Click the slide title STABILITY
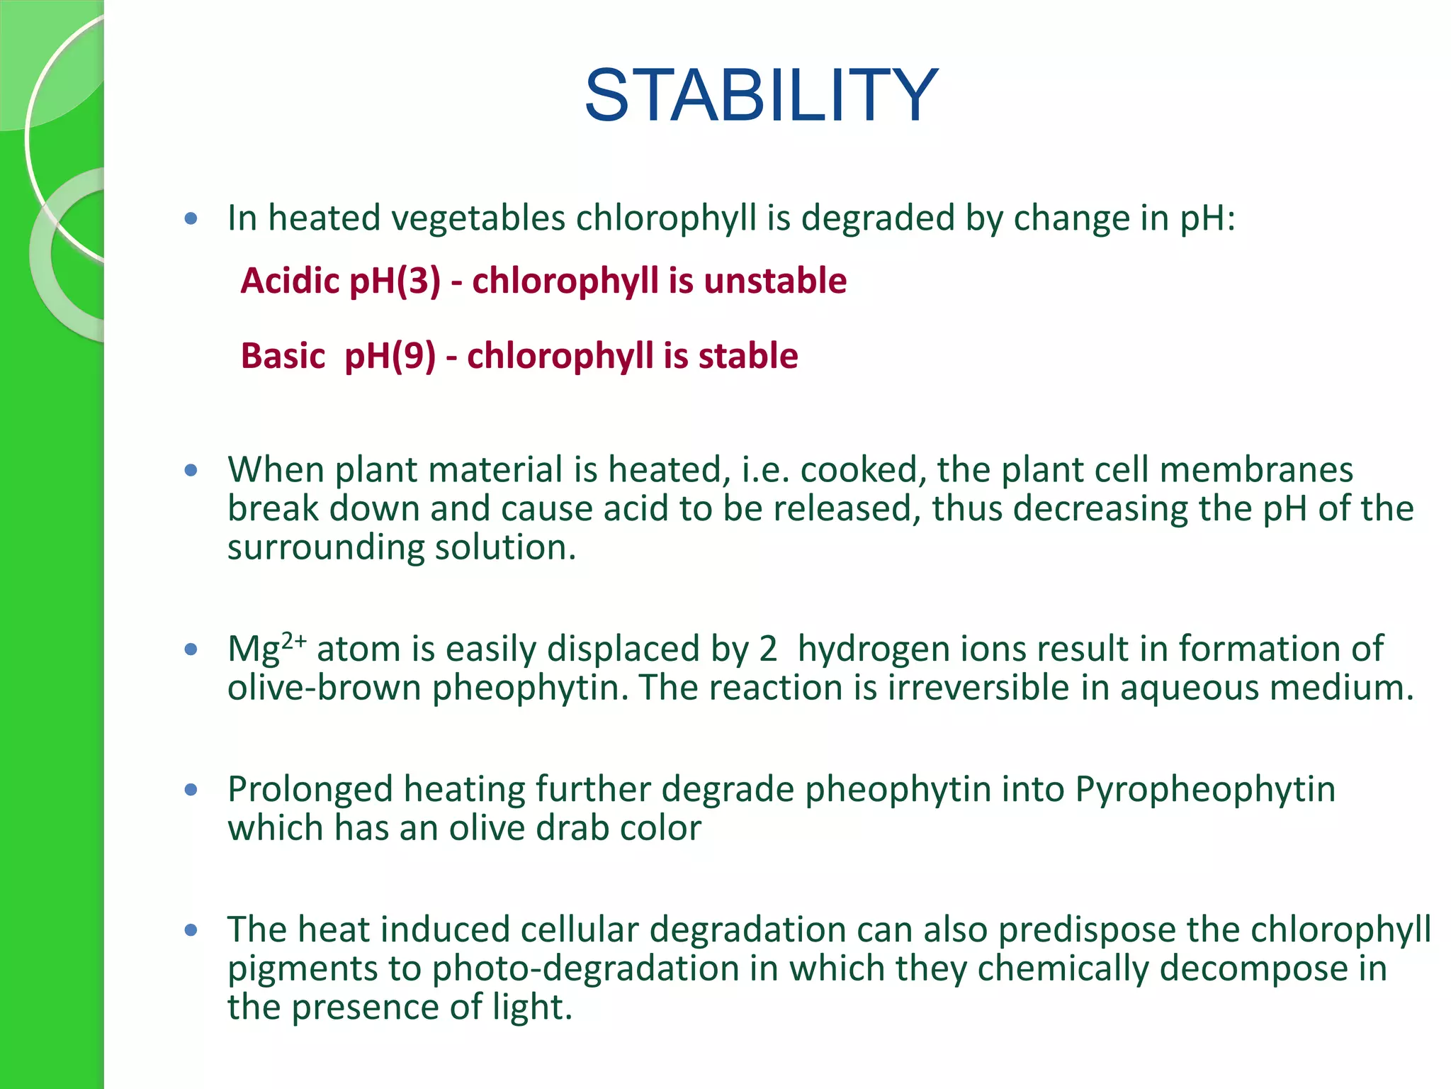coord(762,96)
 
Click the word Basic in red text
coord(283,356)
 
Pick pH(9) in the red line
coord(390,357)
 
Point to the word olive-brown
coord(324,688)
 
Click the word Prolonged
coord(310,790)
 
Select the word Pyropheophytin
coord(1205,790)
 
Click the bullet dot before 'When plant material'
coord(191,470)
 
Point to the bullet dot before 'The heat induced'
coord(191,929)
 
